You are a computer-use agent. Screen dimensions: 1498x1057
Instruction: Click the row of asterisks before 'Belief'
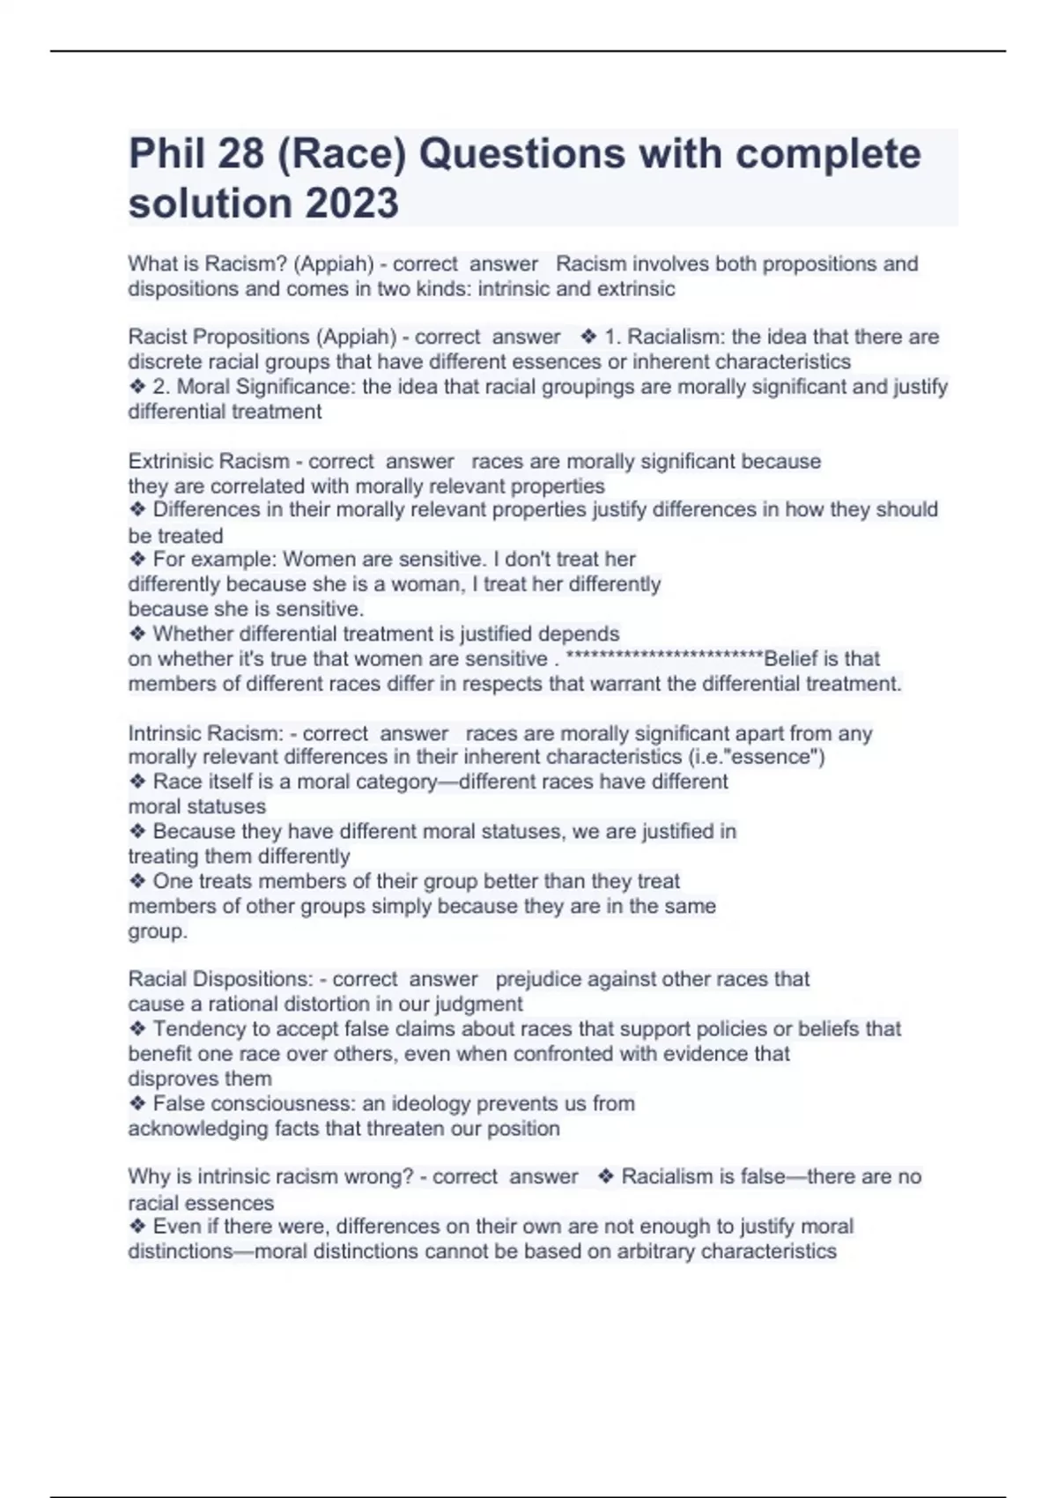coord(664,658)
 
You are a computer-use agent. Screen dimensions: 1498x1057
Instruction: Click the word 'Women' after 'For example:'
coord(314,559)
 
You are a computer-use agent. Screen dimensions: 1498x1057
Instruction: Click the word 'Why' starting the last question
coord(147,1176)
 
